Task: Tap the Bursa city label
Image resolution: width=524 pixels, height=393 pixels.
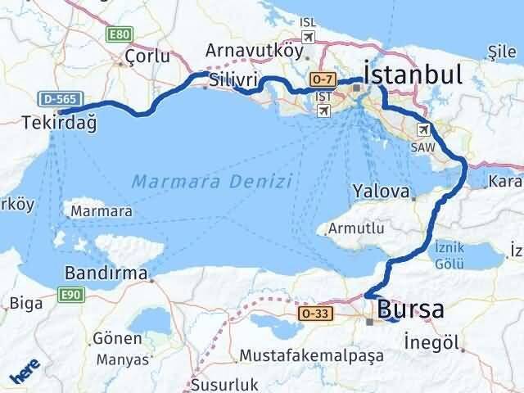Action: [x=411, y=310]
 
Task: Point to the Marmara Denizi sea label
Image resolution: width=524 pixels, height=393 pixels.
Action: [x=211, y=180]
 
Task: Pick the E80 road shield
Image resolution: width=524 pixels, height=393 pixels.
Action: [x=118, y=35]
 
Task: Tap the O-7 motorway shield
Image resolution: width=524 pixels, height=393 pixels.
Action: [x=321, y=80]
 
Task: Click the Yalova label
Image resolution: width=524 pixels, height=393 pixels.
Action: [x=381, y=192]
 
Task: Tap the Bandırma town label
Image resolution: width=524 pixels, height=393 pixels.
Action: [x=109, y=273]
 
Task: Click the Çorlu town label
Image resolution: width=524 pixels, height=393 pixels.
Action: [x=147, y=56]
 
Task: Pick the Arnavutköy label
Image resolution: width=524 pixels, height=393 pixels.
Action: [x=251, y=49]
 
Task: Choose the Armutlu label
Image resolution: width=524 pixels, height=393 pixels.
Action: [x=355, y=228]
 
